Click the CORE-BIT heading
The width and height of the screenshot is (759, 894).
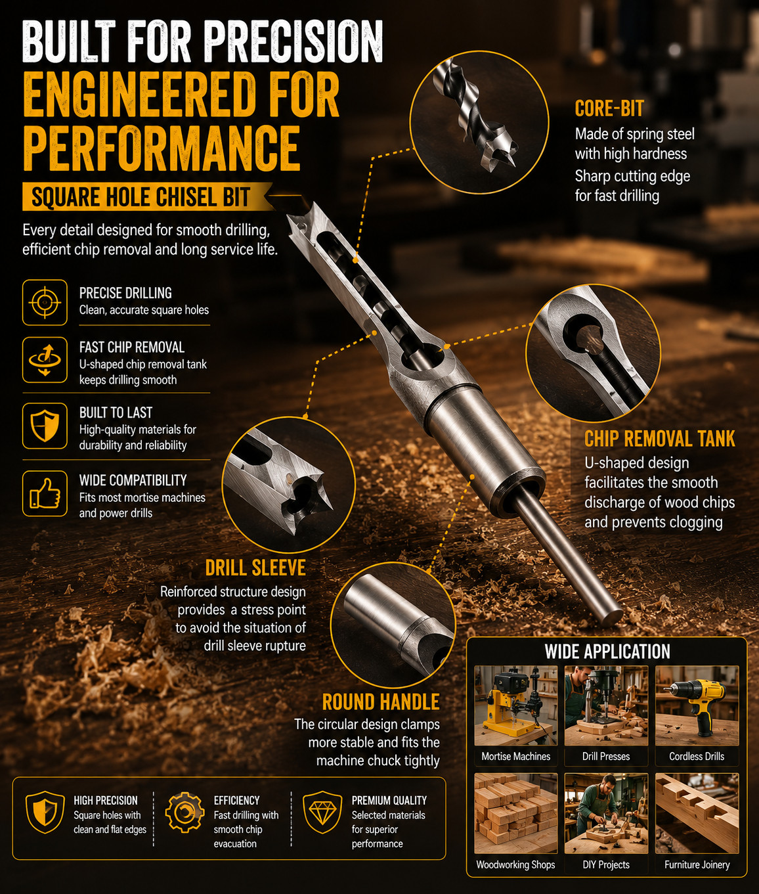click(609, 108)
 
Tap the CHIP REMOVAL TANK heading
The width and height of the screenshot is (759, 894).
click(660, 439)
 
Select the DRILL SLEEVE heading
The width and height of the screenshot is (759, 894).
click(255, 568)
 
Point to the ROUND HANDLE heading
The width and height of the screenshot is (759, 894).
click(381, 702)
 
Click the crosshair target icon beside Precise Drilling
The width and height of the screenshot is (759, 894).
click(45, 302)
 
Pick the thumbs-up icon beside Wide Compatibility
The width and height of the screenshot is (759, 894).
click(45, 493)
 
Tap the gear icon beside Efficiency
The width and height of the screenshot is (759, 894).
click(184, 813)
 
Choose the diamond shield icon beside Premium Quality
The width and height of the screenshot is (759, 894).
click(322, 813)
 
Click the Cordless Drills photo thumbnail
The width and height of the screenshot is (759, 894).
click(697, 706)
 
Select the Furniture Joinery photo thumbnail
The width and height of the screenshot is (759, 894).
click(697, 814)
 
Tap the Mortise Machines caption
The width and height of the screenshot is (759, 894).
click(515, 757)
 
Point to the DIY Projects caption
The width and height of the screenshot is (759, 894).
click(606, 864)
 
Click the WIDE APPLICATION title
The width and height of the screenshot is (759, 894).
click(607, 652)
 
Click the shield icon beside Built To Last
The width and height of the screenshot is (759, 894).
click(45, 426)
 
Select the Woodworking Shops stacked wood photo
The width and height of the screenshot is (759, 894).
click(515, 814)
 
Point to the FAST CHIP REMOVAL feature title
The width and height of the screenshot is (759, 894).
click(132, 347)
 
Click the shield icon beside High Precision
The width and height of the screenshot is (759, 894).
click(45, 813)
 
